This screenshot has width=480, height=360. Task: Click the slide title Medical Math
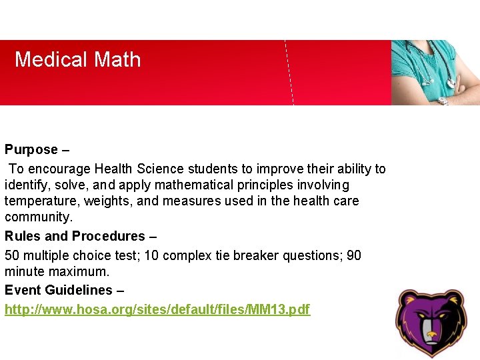78,60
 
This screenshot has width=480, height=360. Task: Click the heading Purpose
31,150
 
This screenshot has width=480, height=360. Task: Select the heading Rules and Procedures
75,236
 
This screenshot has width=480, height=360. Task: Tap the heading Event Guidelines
59,290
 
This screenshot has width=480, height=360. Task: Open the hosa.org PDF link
157,309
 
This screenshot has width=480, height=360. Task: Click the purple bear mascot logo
431,323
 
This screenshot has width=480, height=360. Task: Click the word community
37,217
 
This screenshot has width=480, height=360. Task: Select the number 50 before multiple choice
13,255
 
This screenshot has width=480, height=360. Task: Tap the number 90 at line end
353,255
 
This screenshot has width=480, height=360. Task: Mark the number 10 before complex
150,255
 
